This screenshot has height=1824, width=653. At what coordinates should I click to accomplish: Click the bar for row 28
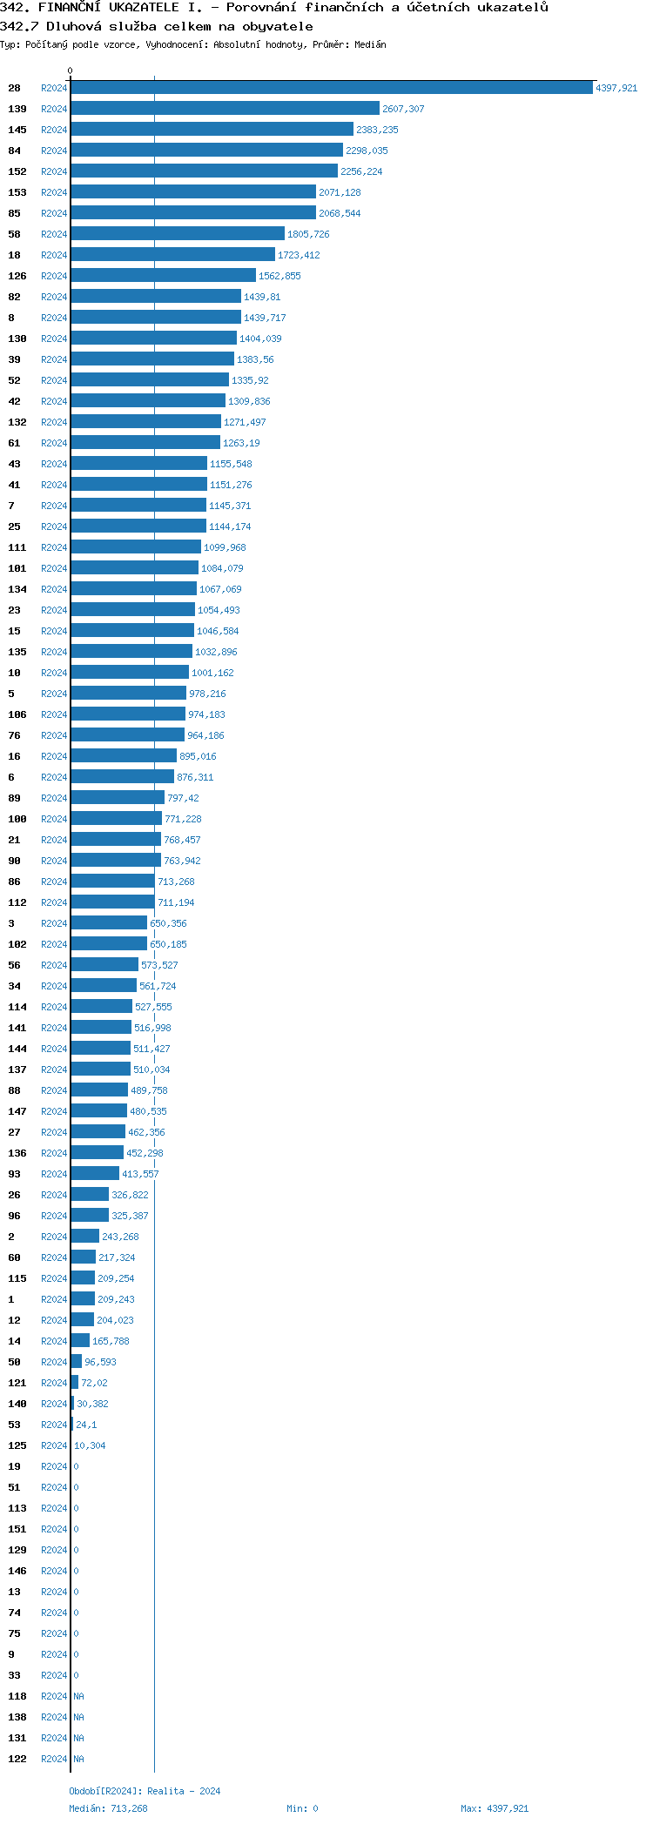click(332, 88)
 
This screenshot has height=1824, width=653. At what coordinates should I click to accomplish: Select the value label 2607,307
click(403, 109)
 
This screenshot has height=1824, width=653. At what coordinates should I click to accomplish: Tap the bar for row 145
click(212, 130)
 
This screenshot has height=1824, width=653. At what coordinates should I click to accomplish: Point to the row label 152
click(17, 171)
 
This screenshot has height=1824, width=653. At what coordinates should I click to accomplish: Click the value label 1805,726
click(308, 234)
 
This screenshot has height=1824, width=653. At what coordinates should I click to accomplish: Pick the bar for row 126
click(163, 276)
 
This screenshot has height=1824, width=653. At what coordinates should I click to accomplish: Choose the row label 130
click(17, 339)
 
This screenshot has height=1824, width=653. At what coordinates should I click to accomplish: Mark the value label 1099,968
click(225, 547)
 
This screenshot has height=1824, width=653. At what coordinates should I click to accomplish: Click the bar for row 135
click(131, 652)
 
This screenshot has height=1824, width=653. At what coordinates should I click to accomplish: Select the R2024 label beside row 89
click(54, 798)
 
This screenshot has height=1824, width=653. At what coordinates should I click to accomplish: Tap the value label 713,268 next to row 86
click(176, 882)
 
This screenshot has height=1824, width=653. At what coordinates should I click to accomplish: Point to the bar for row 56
click(104, 965)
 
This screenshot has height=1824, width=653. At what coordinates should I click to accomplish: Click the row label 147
click(17, 1111)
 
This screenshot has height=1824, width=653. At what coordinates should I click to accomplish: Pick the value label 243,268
click(120, 1237)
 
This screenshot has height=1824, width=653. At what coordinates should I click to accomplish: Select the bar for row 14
click(80, 1341)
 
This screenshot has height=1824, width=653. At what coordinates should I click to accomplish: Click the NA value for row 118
click(79, 1696)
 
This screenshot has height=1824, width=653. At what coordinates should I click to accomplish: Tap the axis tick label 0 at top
click(71, 70)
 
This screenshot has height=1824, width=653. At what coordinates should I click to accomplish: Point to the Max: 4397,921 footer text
click(495, 1808)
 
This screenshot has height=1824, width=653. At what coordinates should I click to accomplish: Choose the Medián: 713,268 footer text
click(108, 1808)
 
